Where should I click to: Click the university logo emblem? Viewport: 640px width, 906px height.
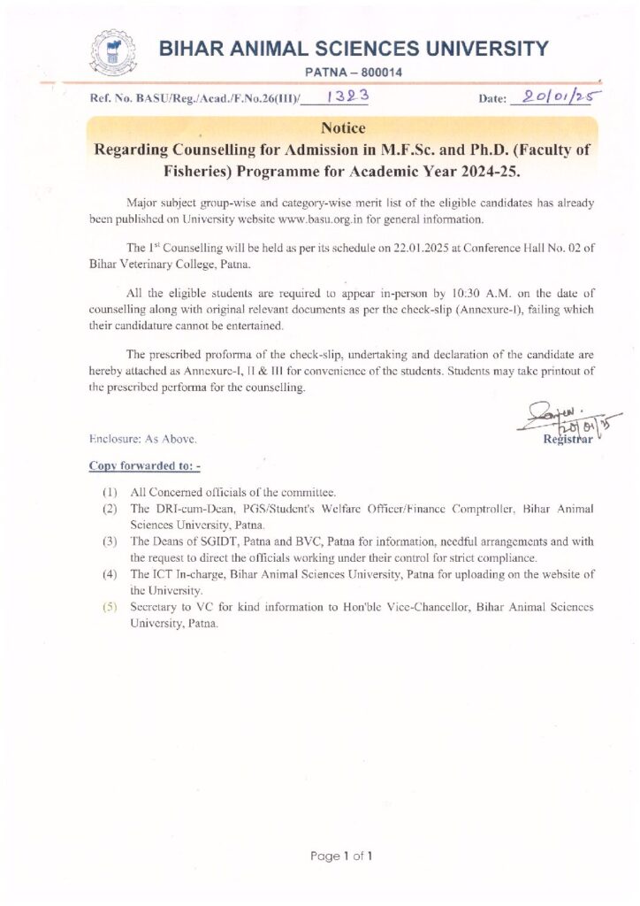tap(115, 54)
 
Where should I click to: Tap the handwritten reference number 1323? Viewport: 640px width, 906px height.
tap(342, 97)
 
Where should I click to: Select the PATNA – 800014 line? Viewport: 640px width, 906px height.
tap(353, 73)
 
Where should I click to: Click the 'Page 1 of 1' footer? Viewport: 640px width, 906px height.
tap(341, 856)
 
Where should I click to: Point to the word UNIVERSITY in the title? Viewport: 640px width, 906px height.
tap(483, 49)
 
